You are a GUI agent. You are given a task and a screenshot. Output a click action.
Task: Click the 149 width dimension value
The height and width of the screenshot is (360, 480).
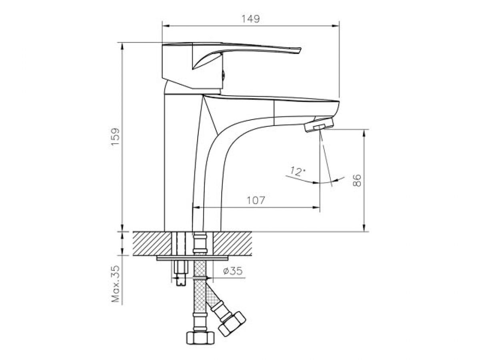251,19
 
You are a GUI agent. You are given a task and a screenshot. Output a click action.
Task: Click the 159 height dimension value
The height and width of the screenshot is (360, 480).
115,137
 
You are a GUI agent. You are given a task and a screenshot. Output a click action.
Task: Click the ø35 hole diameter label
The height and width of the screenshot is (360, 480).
233,271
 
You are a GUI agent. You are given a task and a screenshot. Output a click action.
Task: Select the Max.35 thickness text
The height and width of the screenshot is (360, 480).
116,284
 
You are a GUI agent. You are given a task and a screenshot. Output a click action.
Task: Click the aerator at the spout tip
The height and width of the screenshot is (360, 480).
319,126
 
